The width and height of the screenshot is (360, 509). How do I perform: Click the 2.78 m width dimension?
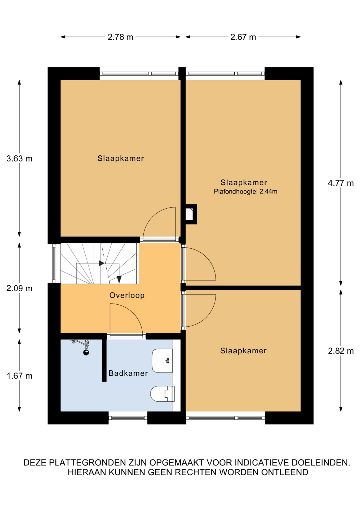tap(120, 37)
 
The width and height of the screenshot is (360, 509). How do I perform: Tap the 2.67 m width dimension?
tap(243, 37)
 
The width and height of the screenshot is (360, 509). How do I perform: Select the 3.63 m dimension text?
tap(19, 159)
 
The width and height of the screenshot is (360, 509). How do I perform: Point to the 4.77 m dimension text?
tap(341, 183)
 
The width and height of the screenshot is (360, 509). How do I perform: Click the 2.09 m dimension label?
tap(19, 288)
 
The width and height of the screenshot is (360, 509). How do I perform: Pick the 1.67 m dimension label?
tap(19, 376)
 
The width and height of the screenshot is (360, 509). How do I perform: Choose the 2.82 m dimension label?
tap(341, 351)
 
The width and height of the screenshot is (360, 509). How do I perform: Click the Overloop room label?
tap(127, 295)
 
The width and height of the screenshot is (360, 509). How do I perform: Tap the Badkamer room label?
tap(128, 373)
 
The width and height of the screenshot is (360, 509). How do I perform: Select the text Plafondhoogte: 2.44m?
tap(245, 191)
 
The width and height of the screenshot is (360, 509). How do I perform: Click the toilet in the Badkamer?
tap(162, 394)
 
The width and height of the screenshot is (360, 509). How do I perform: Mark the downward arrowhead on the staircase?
tap(119, 279)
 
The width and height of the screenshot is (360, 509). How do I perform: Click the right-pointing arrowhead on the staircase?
tap(102, 263)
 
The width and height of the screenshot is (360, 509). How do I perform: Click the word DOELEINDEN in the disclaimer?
tap(321, 463)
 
